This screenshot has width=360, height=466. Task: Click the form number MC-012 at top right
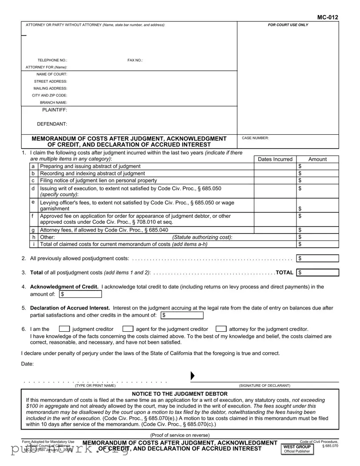click(x=328, y=17)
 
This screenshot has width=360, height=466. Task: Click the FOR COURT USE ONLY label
click(x=288, y=25)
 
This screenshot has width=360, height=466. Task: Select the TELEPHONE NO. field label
click(x=52, y=60)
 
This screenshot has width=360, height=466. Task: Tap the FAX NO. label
click(x=135, y=60)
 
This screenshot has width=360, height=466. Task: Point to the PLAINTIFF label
click(x=55, y=110)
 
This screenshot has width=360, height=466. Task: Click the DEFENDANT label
click(x=52, y=124)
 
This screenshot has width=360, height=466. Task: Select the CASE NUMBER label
click(x=255, y=138)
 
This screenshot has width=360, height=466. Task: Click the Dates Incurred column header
click(x=275, y=159)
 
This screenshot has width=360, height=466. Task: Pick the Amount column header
click(x=317, y=159)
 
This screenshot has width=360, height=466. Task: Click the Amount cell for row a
click(x=317, y=166)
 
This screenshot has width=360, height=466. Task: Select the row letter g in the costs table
click(x=33, y=230)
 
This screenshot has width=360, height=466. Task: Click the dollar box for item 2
click(x=317, y=258)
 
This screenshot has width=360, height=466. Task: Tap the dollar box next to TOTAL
click(x=317, y=273)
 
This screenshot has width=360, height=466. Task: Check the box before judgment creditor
click(x=64, y=329)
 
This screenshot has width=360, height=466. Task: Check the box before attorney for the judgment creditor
click(x=220, y=329)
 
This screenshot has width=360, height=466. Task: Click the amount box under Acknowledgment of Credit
click(x=80, y=294)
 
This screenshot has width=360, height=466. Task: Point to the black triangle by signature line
click(x=192, y=376)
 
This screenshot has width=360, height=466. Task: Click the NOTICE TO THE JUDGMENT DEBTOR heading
click(x=180, y=394)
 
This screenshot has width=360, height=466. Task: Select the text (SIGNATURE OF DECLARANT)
click(x=264, y=386)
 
